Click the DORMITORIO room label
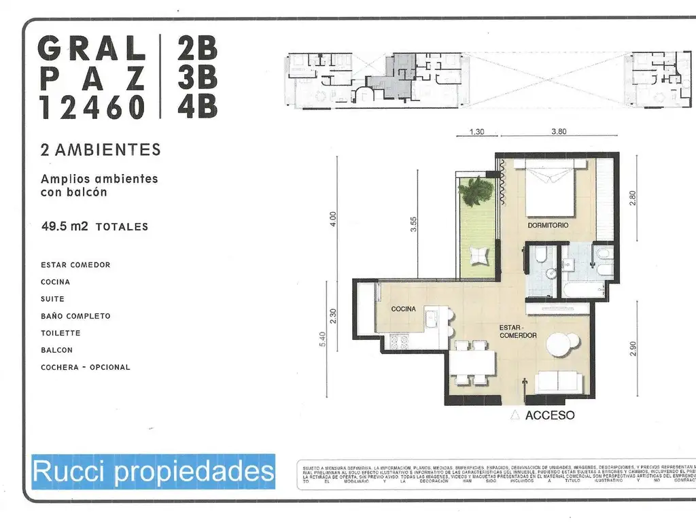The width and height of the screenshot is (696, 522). [548, 225]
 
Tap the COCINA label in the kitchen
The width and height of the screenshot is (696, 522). [403, 309]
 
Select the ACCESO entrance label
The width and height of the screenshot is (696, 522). [550, 415]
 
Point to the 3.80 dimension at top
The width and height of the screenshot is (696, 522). [558, 132]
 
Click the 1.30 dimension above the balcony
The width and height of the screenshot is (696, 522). [477, 132]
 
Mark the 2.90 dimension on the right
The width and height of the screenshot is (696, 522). [633, 348]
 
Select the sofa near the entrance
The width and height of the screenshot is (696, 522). [558, 383]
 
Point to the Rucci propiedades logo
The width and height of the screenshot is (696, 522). [153, 472]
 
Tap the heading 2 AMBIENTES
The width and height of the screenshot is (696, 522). [101, 150]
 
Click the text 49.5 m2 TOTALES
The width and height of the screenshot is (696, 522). [94, 226]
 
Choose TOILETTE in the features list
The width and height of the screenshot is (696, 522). [60, 333]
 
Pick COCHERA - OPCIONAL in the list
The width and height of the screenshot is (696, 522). [85, 367]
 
